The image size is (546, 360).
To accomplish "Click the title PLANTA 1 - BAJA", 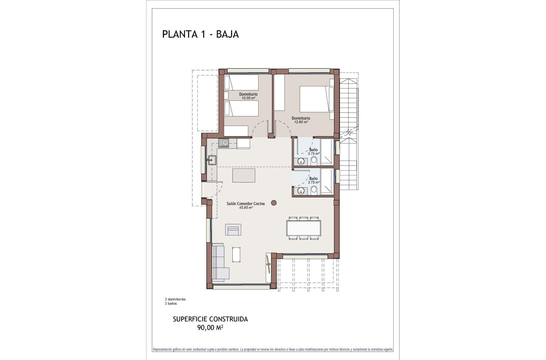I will [x=200, y=34].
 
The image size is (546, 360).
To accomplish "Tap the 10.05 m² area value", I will [x=248, y=98].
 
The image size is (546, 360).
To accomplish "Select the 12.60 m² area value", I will [x=301, y=122].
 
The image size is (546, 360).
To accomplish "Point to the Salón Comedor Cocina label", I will [x=245, y=204].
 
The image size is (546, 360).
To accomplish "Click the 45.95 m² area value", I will [x=245, y=208].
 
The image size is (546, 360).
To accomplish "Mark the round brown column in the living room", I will [x=274, y=202].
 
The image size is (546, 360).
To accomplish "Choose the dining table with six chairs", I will [x=303, y=228].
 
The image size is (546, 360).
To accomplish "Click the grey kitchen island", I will [x=244, y=175].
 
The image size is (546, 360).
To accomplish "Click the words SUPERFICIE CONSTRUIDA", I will [x=210, y=319].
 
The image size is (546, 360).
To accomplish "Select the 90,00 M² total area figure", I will [x=210, y=327].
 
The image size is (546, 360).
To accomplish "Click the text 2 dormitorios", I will [x=175, y=299].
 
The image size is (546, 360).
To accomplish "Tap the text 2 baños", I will [x=171, y=304].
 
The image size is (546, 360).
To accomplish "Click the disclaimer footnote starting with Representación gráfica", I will [x=273, y=349].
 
